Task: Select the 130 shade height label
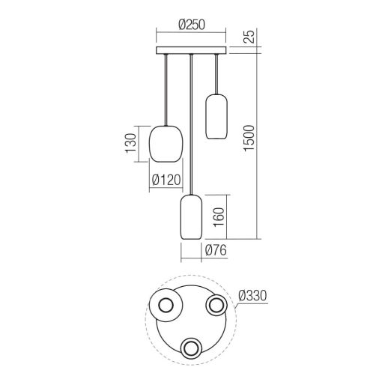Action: pos(130,142)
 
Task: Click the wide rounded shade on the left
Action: pos(166,143)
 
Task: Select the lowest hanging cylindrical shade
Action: pos(192,217)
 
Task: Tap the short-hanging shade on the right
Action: pos(216,116)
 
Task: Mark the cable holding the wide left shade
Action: pos(166,90)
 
